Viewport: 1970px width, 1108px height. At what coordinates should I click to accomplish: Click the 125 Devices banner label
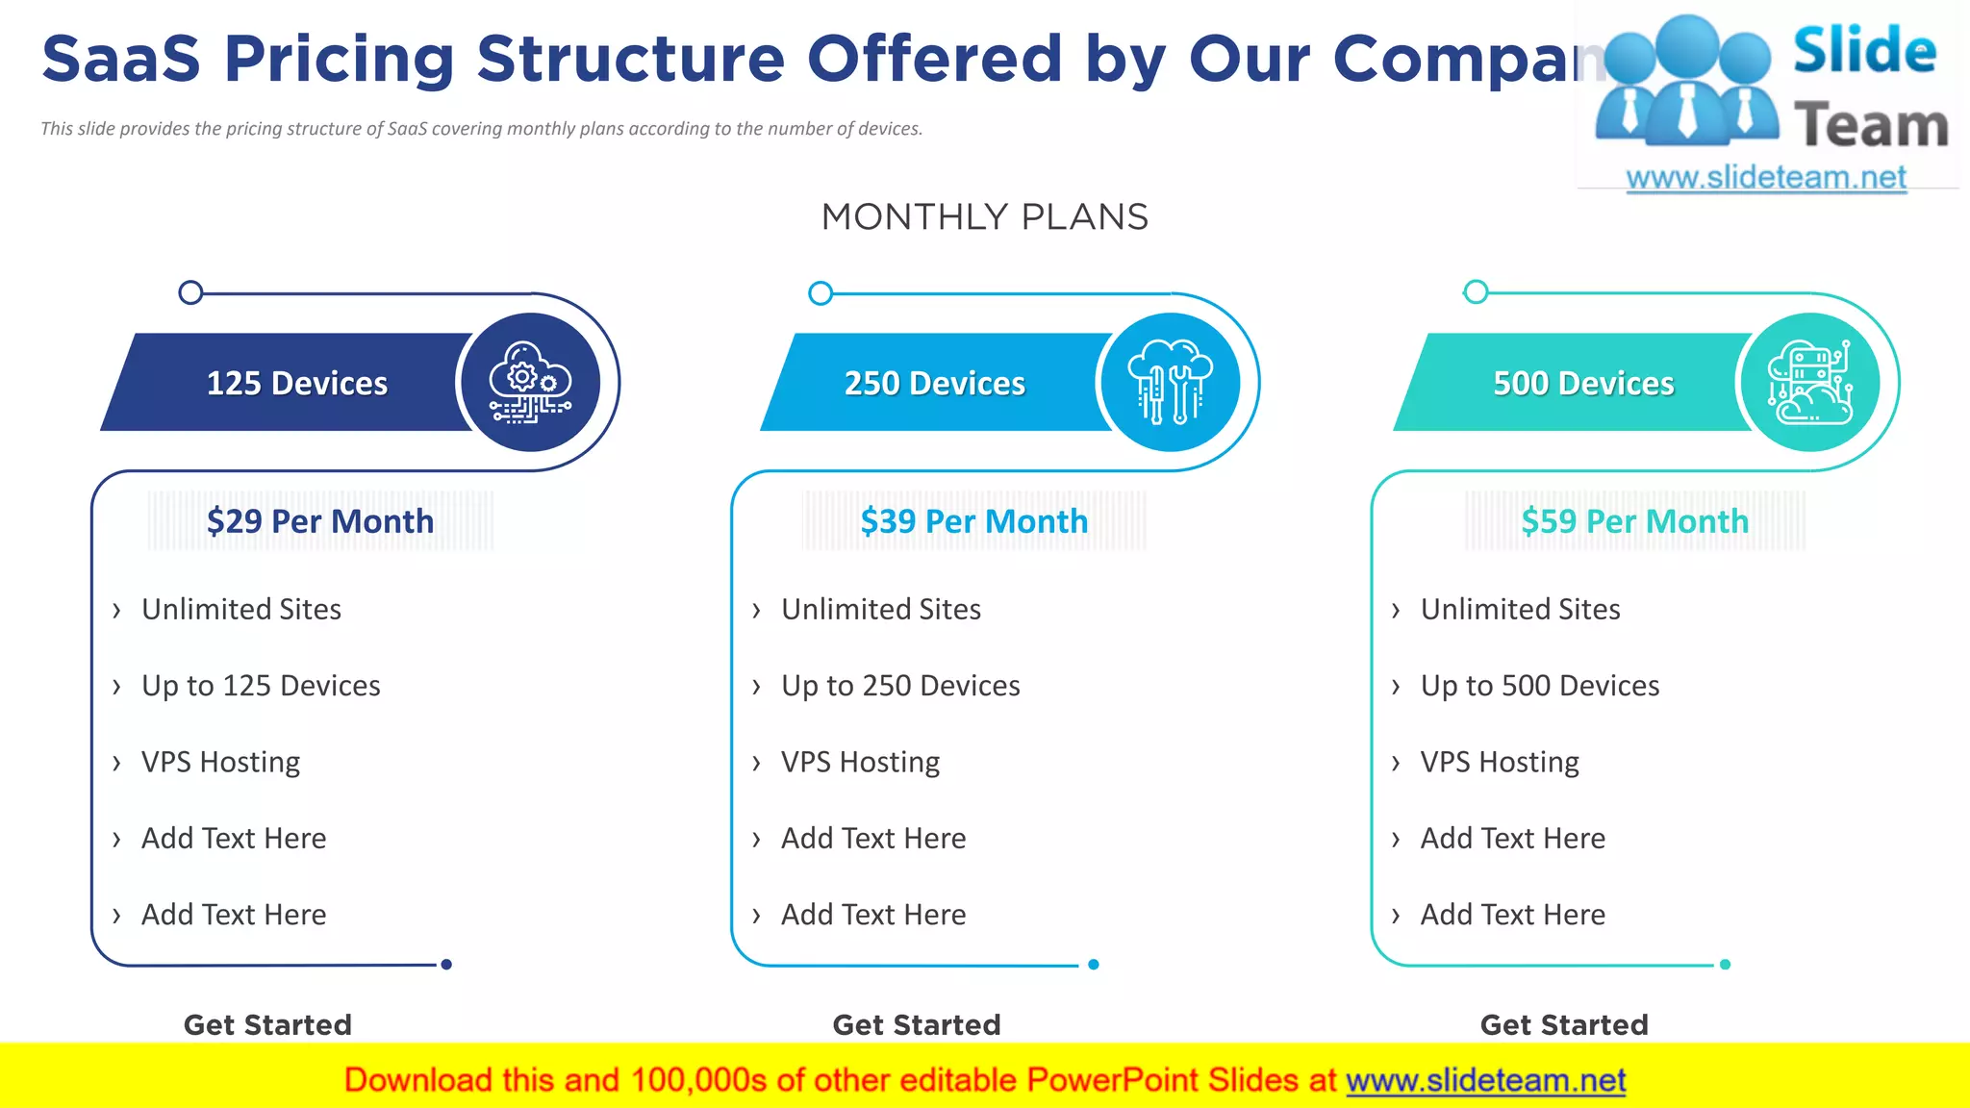297,383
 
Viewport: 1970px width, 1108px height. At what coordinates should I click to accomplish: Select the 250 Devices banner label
935,383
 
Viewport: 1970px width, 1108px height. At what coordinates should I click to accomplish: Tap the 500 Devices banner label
1583,383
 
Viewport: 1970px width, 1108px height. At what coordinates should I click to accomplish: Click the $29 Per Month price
320,521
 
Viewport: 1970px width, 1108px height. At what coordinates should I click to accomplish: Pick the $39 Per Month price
974,521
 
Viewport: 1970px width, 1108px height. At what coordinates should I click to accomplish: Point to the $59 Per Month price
1634,521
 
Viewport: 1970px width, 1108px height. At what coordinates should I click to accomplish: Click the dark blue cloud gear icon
530,383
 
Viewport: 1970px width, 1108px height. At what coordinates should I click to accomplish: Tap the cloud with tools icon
1170,383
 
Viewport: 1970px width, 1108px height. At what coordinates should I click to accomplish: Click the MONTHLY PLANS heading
984,217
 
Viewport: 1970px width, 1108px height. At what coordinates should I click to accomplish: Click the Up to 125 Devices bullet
261,686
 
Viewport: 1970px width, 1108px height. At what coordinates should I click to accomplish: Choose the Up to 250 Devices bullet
900,686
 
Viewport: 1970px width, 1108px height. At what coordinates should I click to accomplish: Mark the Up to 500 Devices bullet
1540,686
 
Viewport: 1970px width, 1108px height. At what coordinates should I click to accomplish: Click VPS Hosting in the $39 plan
860,762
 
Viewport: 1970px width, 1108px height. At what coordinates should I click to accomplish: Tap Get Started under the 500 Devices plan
1564,1024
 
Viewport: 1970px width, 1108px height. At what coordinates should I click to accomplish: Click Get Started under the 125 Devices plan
267,1024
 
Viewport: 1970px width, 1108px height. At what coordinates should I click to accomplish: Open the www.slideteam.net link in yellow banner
1485,1080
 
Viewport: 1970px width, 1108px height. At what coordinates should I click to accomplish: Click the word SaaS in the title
121,59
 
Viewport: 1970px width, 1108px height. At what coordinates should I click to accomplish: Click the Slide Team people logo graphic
1687,82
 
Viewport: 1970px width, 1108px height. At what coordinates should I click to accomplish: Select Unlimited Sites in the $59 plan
1520,609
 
